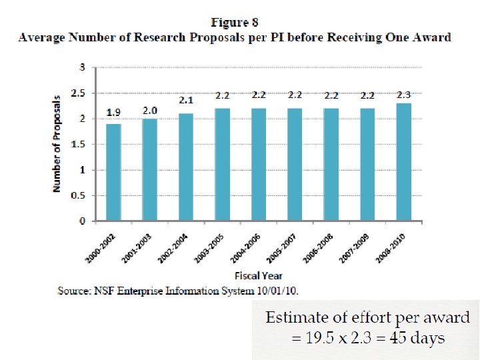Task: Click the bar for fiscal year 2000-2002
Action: point(113,172)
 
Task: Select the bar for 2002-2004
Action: point(186,167)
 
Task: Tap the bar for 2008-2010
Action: point(403,162)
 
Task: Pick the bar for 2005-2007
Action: point(295,164)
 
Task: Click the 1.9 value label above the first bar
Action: point(113,111)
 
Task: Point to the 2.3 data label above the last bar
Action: point(403,95)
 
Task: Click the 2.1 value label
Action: point(186,101)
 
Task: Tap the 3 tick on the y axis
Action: point(82,67)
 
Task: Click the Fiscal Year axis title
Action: point(258,275)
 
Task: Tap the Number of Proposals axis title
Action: point(57,143)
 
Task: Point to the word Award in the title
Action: point(431,37)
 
